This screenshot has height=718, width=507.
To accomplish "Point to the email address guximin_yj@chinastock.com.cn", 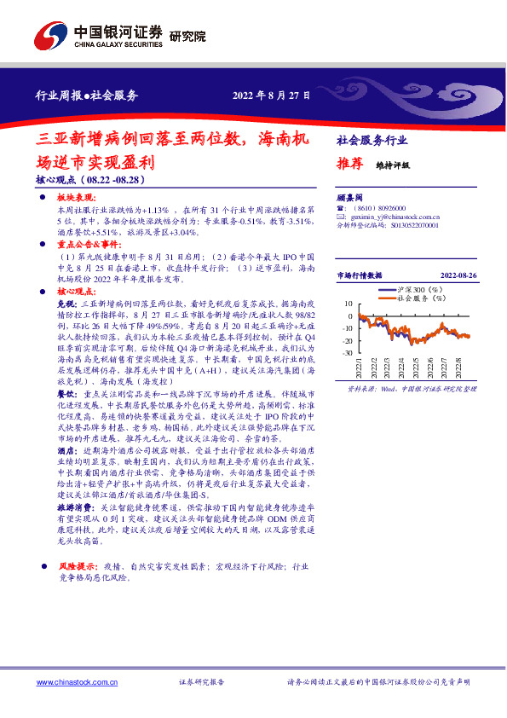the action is (x=386, y=217).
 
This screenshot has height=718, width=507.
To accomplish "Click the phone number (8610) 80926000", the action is (x=377, y=208).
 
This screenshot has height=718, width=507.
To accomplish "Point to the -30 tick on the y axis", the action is (x=347, y=353).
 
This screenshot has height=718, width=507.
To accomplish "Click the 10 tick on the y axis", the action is (x=349, y=304).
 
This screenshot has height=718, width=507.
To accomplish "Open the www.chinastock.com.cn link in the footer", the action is (x=72, y=682).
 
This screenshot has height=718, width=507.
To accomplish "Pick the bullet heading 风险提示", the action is (x=73, y=565).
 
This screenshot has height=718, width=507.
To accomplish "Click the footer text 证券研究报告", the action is (x=201, y=682).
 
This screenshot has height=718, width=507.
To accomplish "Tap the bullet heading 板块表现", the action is (x=72, y=197).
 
